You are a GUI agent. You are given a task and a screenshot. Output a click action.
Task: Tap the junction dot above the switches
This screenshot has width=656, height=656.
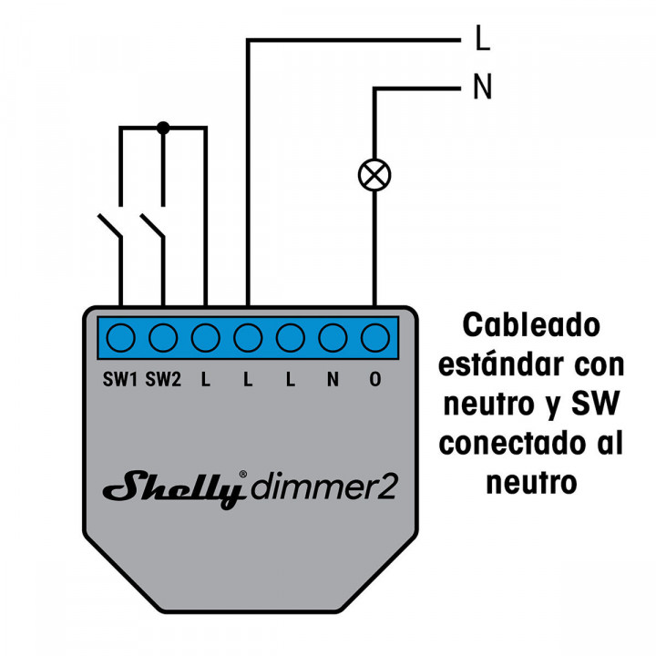(163, 128)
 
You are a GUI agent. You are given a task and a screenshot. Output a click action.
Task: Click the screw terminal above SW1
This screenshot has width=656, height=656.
(120, 338)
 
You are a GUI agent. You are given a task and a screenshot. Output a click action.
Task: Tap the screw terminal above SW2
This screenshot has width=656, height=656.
(163, 338)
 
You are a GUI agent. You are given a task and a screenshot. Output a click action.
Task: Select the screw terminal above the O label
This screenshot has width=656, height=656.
(374, 338)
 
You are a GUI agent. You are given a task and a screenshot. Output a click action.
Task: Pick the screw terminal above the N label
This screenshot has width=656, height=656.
(333, 338)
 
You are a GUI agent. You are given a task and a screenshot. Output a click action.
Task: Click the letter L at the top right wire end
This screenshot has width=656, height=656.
(482, 39)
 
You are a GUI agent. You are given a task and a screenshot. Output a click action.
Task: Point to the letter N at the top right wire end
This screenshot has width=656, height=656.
(482, 88)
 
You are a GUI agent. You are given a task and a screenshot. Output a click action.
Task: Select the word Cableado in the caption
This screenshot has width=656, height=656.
(531, 324)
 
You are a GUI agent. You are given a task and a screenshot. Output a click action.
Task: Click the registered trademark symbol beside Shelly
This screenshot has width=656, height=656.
(242, 475)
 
